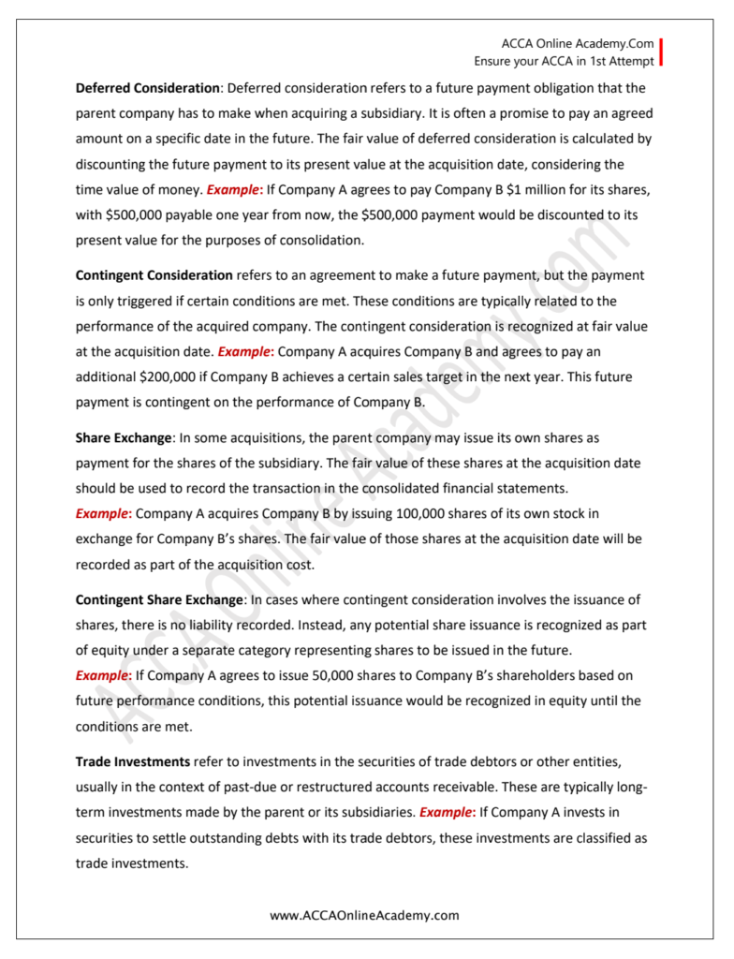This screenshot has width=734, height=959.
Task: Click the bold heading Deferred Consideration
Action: click(147, 88)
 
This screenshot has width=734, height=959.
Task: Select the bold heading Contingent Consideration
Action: click(154, 275)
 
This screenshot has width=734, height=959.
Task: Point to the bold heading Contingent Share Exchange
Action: click(159, 599)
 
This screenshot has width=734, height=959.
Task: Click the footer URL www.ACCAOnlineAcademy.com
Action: click(365, 915)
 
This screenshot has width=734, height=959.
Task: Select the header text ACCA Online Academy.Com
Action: click(577, 44)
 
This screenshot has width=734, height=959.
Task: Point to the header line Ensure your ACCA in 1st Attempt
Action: click(564, 61)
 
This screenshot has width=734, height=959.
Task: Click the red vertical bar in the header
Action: click(661, 52)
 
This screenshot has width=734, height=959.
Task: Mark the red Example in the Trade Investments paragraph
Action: click(447, 813)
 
